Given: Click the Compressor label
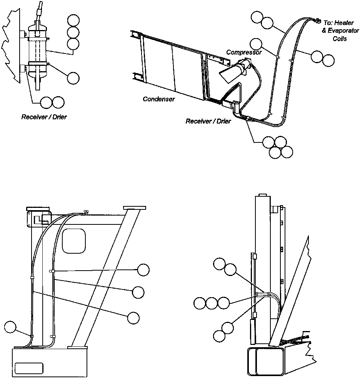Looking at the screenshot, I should [244, 52].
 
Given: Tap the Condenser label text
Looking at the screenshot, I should [159, 99].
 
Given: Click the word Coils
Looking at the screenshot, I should [340, 38].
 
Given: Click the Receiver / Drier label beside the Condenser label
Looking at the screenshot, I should [208, 121].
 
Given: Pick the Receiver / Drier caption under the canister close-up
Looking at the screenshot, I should [44, 117].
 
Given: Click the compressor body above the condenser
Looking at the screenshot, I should [242, 68].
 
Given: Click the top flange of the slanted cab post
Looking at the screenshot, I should [135, 208].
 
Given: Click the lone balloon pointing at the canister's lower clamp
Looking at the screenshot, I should [73, 78].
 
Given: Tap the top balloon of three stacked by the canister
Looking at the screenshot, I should [73, 21].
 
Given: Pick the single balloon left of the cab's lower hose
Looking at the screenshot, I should [11, 328].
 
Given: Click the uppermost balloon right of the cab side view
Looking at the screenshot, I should [143, 270].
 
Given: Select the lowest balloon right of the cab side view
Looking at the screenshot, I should [133, 318].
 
